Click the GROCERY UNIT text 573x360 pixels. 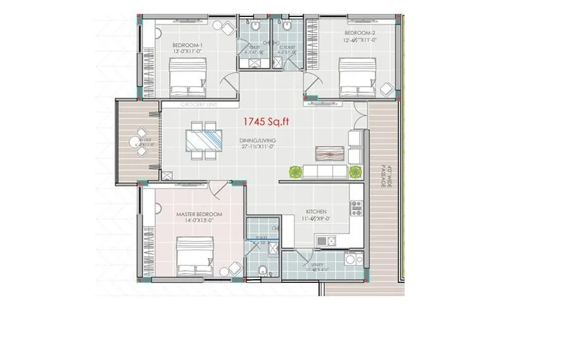(199, 104)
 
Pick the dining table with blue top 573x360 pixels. (205, 139)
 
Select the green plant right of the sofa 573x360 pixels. (355, 171)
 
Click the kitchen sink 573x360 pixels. (327, 240)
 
